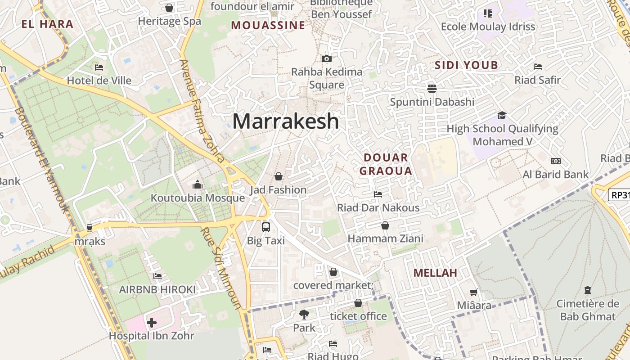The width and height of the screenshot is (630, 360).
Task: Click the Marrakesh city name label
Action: pyautogui.click(x=285, y=121)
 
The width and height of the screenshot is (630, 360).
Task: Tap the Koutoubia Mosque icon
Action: pyautogui.click(x=197, y=184)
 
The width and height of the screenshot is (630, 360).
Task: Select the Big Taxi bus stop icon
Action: pyautogui.click(x=266, y=227)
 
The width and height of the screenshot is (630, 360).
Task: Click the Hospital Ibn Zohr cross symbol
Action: pyautogui.click(x=152, y=322)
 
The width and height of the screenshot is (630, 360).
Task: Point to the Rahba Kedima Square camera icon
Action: pyautogui.click(x=327, y=58)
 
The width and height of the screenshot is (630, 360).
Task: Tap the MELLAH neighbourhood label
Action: pyautogui.click(x=435, y=273)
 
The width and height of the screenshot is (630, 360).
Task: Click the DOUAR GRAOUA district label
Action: pyautogui.click(x=386, y=164)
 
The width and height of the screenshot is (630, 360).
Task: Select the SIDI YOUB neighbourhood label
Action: pyautogui.click(x=466, y=65)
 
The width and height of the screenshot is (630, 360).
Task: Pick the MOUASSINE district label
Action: pyautogui.click(x=268, y=26)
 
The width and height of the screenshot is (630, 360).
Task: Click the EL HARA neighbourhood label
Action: pyautogui.click(x=47, y=24)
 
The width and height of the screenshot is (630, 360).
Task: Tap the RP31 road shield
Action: pyautogui.click(x=619, y=195)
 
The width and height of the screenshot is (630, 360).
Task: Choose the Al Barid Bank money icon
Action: pyautogui.click(x=555, y=161)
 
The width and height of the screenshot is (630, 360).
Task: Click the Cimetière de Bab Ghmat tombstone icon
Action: pyautogui.click(x=587, y=290)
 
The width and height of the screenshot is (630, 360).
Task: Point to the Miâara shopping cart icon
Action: pyautogui.click(x=473, y=292)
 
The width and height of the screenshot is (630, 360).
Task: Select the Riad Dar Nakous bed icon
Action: pyautogui.click(x=378, y=194)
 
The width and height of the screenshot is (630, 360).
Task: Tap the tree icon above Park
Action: pyautogui.click(x=304, y=315)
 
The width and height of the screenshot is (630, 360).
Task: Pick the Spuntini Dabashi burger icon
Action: pyautogui.click(x=432, y=88)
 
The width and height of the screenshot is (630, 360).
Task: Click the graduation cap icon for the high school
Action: pyautogui.click(x=502, y=116)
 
